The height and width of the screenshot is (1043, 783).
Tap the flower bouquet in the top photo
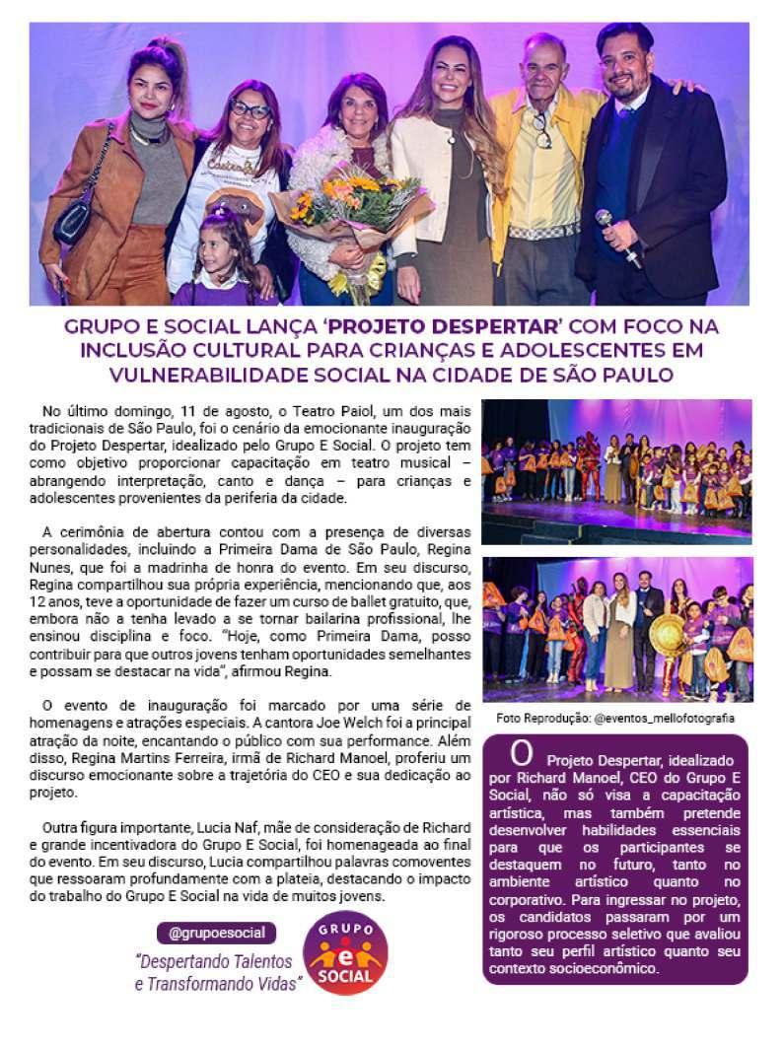[350, 212]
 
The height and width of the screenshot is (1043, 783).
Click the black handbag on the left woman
[75, 222]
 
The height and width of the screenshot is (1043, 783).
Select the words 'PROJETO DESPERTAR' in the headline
[421, 326]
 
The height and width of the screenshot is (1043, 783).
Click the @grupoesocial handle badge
[216, 932]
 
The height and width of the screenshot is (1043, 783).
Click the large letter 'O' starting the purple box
[522, 754]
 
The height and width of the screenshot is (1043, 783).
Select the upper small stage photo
[616, 471]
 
